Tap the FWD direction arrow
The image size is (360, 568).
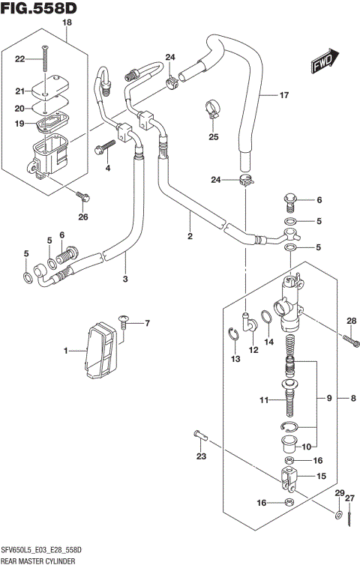(325, 64)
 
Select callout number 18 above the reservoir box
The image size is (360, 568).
(67, 23)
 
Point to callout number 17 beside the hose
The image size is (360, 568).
(283, 95)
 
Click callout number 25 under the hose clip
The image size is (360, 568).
(213, 136)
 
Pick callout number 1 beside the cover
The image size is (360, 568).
(66, 351)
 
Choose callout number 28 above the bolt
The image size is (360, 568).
(349, 322)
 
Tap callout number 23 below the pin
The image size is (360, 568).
(200, 456)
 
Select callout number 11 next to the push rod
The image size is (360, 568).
(263, 401)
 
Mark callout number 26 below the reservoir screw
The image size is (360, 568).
(82, 217)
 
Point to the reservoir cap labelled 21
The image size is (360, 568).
(46, 90)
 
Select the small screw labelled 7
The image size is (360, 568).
(122, 323)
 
